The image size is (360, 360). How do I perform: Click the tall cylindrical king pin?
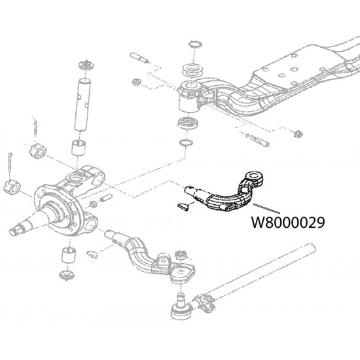pyautogui.click(x=84, y=101)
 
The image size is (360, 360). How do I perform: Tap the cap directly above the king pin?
pyautogui.click(x=84, y=66)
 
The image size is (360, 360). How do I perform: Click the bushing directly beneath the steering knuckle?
pyautogui.click(x=68, y=253)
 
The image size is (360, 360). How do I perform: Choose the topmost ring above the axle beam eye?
pyautogui.click(x=194, y=45)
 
